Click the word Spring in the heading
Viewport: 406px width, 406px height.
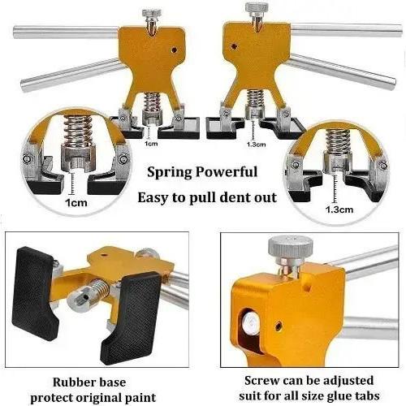click(169, 172)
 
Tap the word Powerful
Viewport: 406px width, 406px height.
click(227, 171)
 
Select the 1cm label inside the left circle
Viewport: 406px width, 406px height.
click(76, 203)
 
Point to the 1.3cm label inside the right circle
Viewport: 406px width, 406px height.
click(339, 209)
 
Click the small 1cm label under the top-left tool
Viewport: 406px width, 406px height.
click(151, 144)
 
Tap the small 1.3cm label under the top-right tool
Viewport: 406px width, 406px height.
click(256, 145)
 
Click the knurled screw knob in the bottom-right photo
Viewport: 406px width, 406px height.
click(291, 248)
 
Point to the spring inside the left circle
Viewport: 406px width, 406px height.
click(78, 129)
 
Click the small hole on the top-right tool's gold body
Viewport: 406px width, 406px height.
click(234, 46)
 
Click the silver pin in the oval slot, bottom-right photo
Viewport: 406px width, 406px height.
click(250, 323)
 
